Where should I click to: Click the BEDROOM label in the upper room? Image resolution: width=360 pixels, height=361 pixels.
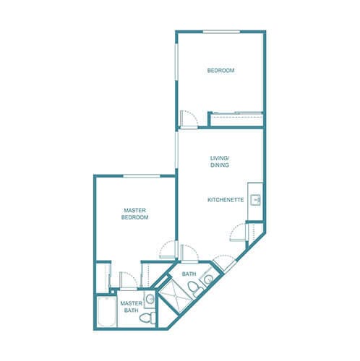220,70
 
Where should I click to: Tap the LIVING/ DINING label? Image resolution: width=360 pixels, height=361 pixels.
220,162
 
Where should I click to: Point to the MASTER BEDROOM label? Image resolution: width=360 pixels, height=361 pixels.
134,214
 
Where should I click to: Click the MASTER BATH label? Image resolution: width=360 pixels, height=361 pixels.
130,307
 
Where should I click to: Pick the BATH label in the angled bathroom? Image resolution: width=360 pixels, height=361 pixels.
189,274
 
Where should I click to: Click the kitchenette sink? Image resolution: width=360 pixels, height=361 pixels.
254,197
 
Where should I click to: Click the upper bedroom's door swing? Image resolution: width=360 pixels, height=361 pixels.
186,117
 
